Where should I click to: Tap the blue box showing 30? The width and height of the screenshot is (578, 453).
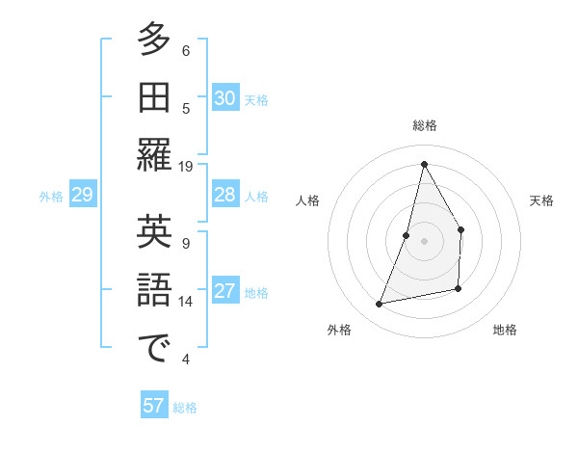[x=225, y=97]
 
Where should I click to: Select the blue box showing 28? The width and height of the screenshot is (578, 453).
[x=225, y=195]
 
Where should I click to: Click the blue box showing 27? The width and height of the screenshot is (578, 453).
[x=225, y=291]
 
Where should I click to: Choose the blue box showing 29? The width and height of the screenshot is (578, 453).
[x=82, y=195]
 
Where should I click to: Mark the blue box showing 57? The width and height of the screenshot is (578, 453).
[x=154, y=406]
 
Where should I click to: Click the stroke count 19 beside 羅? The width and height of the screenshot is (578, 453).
[x=186, y=166]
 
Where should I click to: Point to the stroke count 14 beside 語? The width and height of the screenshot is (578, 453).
[x=186, y=302]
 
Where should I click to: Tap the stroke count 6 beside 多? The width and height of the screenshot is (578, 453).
[x=186, y=51]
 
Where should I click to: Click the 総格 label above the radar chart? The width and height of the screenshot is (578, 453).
[x=424, y=126]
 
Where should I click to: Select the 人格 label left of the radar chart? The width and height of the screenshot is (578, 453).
[x=308, y=200]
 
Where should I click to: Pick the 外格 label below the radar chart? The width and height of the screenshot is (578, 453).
[x=339, y=330]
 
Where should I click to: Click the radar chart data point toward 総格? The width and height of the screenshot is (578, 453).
[x=424, y=163]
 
